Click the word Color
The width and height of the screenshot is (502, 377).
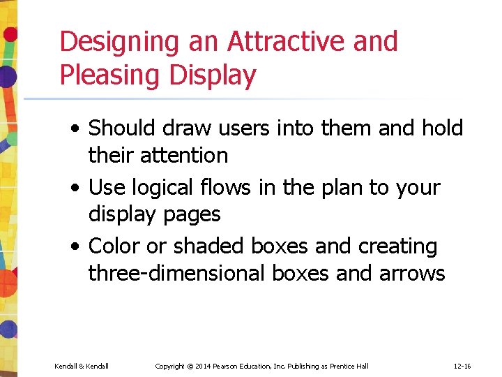(114, 246)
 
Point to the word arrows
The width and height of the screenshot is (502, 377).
(412, 273)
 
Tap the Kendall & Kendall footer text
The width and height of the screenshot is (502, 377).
(82, 366)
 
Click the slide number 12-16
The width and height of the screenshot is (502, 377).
(462, 366)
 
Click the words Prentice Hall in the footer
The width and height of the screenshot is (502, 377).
(352, 366)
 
